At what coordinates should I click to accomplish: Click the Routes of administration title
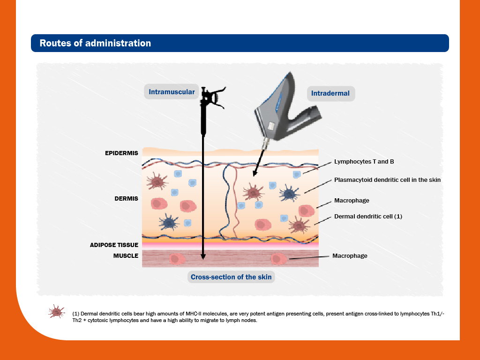(95, 43)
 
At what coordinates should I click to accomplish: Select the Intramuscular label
(172, 92)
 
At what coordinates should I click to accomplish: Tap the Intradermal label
(330, 93)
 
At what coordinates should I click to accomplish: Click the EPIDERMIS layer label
(121, 153)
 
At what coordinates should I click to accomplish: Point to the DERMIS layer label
(126, 199)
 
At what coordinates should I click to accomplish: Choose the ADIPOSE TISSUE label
(114, 245)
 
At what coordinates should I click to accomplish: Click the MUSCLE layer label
(126, 255)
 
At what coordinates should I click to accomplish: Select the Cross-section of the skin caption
(231, 277)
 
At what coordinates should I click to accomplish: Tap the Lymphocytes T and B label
(364, 162)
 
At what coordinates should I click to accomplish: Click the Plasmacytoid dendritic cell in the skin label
(387, 180)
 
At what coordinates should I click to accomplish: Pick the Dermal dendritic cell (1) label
(368, 217)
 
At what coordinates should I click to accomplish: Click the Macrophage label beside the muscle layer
(350, 256)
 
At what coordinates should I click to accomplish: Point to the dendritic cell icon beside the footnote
(56, 312)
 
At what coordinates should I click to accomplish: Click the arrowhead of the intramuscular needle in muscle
(203, 256)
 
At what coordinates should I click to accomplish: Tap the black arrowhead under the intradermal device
(255, 173)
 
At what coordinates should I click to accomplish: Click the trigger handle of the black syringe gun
(218, 97)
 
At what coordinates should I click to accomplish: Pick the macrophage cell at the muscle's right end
(279, 259)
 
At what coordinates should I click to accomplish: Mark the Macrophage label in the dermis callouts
(352, 201)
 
